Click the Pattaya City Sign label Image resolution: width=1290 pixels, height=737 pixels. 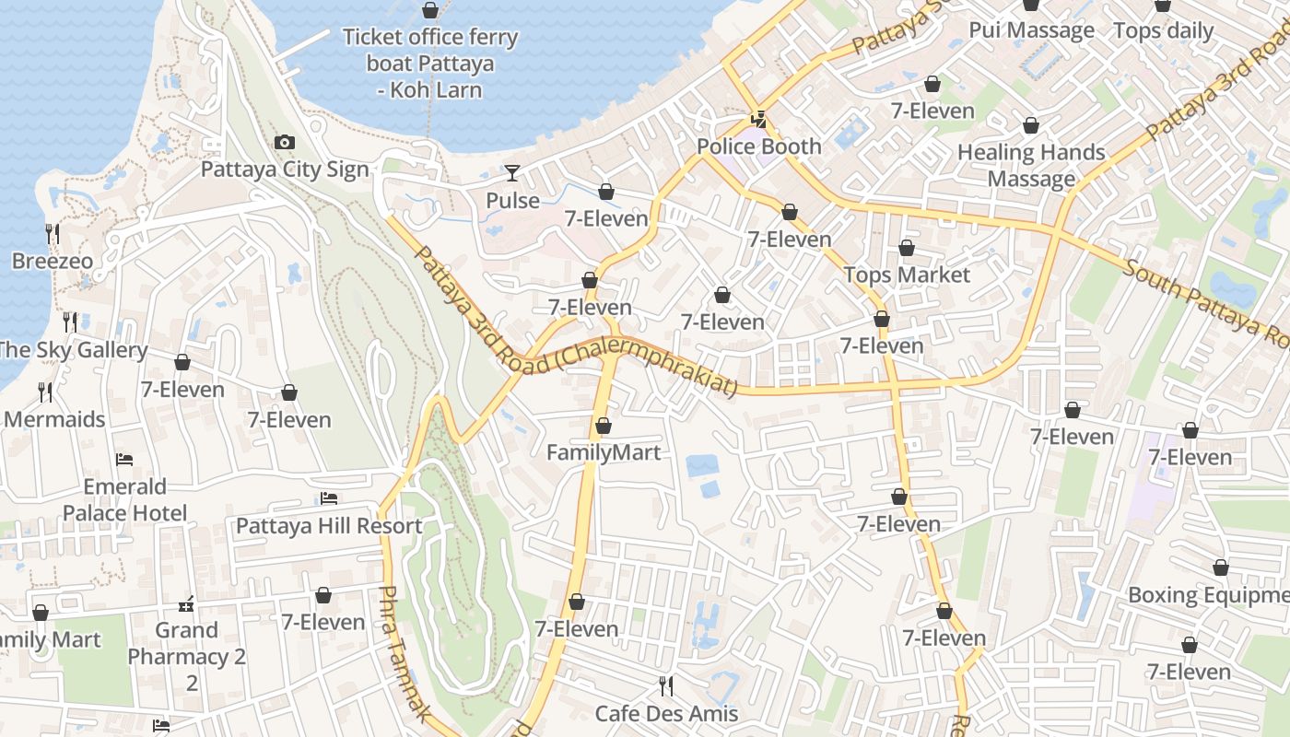pos(285,170)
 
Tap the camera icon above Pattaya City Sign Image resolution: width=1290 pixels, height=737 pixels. pos(285,142)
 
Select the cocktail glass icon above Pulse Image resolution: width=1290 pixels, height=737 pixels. pos(512,172)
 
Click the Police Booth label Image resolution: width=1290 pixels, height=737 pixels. pos(758,146)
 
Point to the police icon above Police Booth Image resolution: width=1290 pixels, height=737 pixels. pos(758,118)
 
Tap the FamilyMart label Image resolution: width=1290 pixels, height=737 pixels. pos(604,452)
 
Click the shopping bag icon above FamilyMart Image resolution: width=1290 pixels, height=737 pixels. pos(603,426)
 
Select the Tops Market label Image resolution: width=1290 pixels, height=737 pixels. pos(907,275)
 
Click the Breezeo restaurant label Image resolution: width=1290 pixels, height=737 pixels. pos(53,261)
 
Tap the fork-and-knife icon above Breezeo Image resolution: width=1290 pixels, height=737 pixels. pos(53,233)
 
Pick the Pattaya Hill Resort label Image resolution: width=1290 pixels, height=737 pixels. pos(329,526)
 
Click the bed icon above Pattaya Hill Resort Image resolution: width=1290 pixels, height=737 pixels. pos(329,498)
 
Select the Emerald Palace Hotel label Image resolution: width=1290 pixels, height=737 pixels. pos(124,499)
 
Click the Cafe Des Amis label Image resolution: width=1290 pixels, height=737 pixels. pos(666,713)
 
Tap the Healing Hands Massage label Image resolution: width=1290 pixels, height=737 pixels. pos(1031,165)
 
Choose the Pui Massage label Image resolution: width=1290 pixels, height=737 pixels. pos(1031,30)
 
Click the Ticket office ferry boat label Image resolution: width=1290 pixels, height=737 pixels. pos(430,64)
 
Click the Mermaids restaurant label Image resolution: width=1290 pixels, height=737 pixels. pos(54,419)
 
